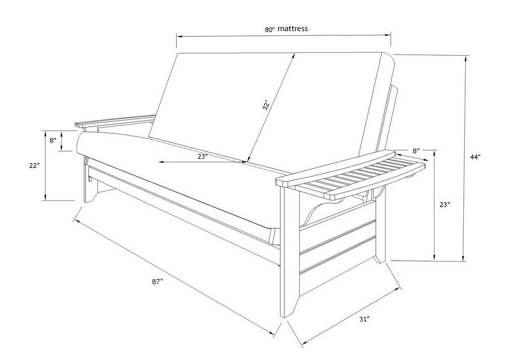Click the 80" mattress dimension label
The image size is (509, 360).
click(x=286, y=29)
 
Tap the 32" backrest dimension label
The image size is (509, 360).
click(x=266, y=105)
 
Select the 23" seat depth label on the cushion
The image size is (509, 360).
click(x=202, y=157)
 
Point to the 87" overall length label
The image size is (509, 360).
click(x=157, y=282)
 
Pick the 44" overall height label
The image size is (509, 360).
click(x=475, y=157)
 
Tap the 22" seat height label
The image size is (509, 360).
click(x=34, y=166)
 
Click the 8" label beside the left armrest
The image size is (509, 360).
click(x=53, y=141)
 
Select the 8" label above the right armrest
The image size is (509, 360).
click(x=416, y=151)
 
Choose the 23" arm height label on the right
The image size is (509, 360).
click(x=445, y=205)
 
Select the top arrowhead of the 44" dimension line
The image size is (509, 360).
click(x=466, y=59)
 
